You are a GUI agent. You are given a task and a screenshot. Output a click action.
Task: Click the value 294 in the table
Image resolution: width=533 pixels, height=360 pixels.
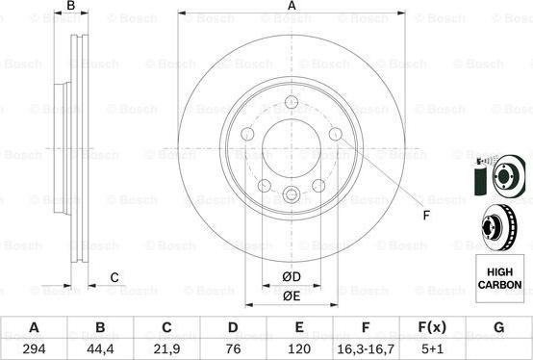point(34,348)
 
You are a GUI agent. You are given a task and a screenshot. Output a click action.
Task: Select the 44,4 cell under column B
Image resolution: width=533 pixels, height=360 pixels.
point(100,348)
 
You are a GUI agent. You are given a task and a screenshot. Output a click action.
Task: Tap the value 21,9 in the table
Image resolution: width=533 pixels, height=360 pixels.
point(166,348)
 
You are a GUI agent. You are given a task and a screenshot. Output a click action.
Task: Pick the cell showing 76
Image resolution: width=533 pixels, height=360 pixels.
point(233,348)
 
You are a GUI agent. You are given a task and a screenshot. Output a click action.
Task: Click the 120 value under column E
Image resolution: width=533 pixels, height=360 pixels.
point(299,348)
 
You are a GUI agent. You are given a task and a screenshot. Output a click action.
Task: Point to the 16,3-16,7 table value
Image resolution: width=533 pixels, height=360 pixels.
point(366,348)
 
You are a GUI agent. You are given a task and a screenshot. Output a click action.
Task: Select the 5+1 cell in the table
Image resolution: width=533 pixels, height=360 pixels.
point(432,348)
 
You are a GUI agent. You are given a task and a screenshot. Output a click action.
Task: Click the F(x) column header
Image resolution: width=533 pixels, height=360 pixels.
point(432,327)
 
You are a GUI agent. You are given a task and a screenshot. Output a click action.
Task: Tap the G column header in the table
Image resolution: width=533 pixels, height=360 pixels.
point(498,327)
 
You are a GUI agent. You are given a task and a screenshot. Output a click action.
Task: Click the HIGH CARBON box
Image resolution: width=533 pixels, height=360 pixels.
point(499,278)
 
